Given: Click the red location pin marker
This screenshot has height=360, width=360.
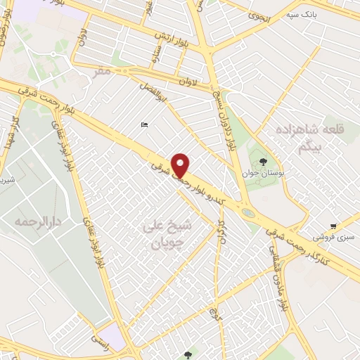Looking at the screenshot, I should coord(181,166).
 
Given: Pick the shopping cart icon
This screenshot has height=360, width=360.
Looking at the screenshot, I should coord(333,226).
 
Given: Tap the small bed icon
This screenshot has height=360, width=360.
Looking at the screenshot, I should coord(144,125).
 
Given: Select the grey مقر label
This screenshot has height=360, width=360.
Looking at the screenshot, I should coord(104,72).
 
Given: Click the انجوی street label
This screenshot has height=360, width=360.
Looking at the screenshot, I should coord(259,18).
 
